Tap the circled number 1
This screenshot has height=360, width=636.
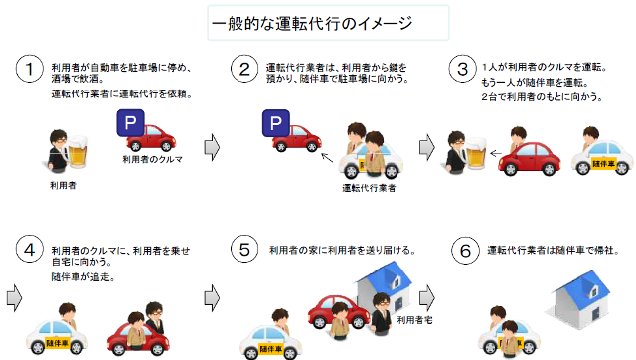click(x=29, y=70)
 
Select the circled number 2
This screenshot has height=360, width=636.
click(x=241, y=70)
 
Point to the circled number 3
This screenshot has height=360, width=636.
click(x=458, y=70)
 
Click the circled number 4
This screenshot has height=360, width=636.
click(x=29, y=249)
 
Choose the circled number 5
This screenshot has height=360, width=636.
click(x=241, y=249)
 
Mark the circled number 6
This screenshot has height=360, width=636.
click(x=458, y=249)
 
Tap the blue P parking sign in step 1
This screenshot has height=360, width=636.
click(x=130, y=124)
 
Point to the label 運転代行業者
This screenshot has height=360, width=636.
click(x=369, y=186)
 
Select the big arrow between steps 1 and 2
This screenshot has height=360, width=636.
click(x=211, y=146)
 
